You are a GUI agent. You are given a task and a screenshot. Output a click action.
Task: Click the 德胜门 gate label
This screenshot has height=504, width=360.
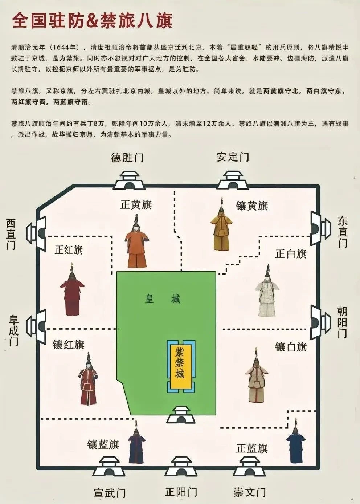click(127, 158)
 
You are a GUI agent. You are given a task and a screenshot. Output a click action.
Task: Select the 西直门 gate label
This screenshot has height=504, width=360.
click(11, 234)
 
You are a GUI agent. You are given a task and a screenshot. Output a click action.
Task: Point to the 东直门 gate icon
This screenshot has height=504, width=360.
click(320, 228)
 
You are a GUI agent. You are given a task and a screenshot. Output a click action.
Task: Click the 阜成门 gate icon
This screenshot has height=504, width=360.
click(37, 325)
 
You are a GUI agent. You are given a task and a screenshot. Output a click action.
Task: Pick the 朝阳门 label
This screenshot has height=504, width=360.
click(341, 322)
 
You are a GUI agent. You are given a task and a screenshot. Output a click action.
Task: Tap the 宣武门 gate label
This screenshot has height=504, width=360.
click(110, 493)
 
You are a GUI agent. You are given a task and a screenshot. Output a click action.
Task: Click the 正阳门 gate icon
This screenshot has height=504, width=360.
click(181, 466)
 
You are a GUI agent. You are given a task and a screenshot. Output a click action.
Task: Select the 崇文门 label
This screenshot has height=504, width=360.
click(250, 492)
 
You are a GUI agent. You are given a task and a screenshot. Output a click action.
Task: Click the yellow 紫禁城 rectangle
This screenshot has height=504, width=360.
click(180, 367)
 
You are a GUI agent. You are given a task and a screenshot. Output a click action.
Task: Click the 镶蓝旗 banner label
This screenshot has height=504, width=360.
click(103, 444)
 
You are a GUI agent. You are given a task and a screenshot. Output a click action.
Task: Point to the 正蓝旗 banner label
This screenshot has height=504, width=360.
click(252, 448)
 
